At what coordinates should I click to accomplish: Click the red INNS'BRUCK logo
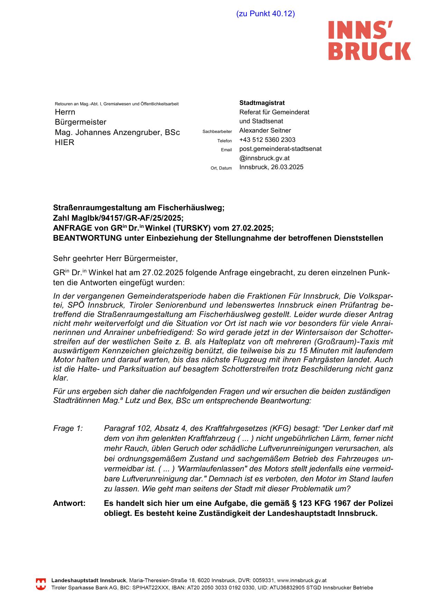tap(369, 40)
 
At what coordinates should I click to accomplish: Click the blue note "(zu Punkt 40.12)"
tap(265, 14)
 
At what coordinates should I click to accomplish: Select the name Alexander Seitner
tap(265, 131)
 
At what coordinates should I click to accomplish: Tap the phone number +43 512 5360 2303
tap(267, 140)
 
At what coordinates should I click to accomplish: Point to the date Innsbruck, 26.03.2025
tap(271, 167)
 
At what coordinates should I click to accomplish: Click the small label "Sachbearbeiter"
tap(217, 132)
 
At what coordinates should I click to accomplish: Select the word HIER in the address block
tap(65, 143)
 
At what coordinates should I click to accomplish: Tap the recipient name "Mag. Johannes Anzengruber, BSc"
tap(117, 133)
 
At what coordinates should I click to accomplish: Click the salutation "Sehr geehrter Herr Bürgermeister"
tap(115, 258)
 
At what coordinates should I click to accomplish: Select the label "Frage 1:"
tap(68, 429)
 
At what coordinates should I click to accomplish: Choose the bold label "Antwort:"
tap(69, 503)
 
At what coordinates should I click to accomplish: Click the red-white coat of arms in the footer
tap(41, 584)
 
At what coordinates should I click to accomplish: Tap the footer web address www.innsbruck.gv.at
tap(302, 581)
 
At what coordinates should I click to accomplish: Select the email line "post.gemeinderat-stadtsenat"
tap(280, 149)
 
